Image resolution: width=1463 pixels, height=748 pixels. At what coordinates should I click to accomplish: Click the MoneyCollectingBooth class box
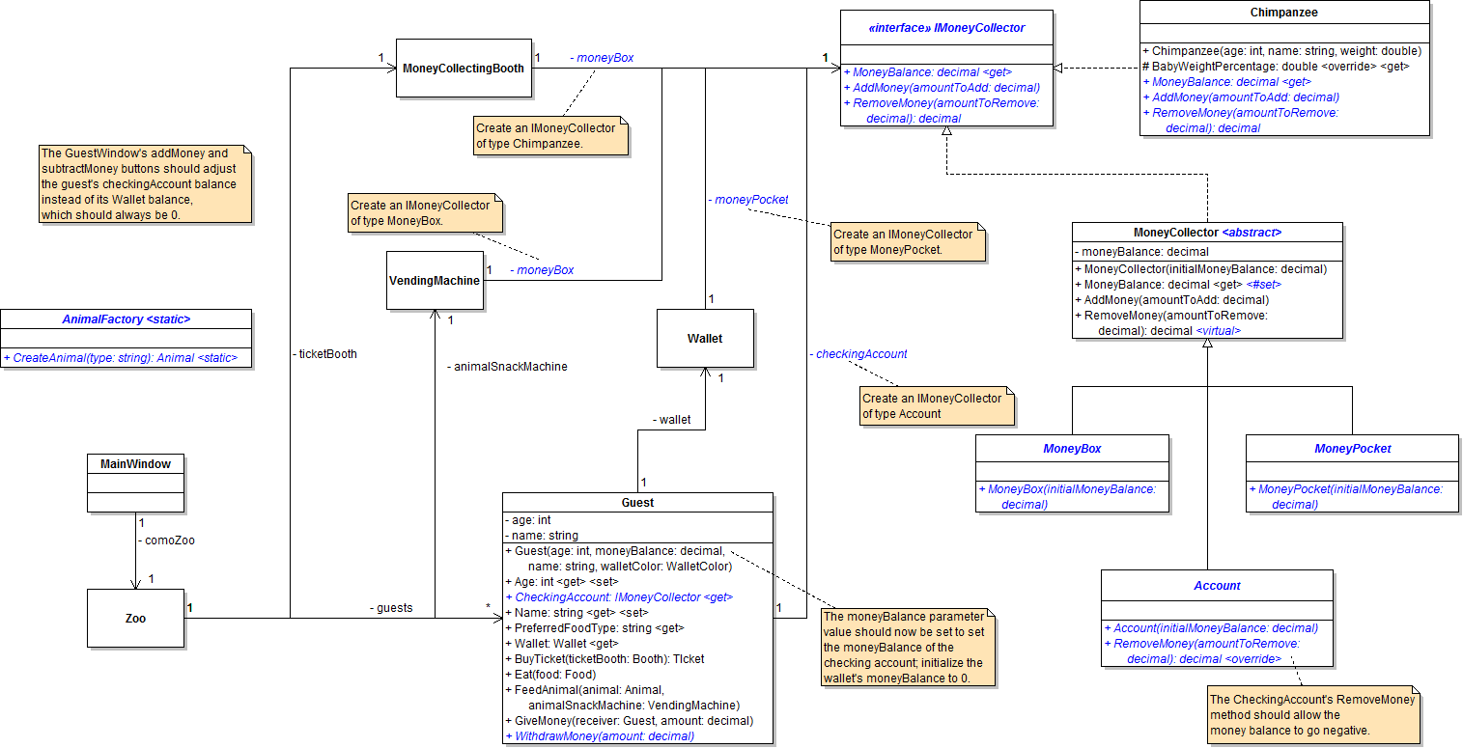464,69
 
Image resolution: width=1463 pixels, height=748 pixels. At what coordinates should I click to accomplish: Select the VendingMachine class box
435,281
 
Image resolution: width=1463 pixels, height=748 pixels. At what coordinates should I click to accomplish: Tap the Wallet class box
705,339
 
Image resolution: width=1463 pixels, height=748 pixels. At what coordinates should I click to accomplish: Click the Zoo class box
135,618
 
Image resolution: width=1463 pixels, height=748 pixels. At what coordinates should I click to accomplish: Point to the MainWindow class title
135,464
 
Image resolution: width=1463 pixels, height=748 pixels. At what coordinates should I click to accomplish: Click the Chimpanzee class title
1283,14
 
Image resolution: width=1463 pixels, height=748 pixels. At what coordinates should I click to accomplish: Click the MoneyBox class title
1072,449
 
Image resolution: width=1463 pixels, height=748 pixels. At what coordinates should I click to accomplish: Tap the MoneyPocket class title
1352,449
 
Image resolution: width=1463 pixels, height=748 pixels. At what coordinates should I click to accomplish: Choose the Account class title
1217,585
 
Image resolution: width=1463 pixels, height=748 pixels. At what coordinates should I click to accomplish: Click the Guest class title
637,502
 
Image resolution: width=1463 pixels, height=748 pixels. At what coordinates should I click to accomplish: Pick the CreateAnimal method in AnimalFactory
127,358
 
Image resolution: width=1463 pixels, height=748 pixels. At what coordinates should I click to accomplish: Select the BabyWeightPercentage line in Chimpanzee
1275,66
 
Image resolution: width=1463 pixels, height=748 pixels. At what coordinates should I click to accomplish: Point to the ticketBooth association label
324,354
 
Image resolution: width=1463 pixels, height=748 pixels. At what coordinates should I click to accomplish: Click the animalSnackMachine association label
507,367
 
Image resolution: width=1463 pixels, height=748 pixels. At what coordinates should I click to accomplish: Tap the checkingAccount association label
858,354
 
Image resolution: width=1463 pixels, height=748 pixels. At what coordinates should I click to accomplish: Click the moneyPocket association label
747,200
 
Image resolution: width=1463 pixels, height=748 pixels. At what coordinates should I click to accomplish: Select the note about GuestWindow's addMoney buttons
145,183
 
